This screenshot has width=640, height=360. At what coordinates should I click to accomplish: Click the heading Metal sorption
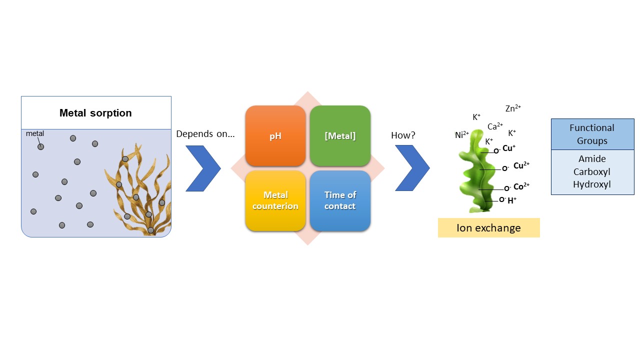[x=95, y=113]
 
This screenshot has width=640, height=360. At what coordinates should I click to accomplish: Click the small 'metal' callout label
[x=35, y=133]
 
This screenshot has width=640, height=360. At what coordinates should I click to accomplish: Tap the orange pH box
[x=275, y=136]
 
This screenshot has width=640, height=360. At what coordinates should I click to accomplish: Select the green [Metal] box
[x=340, y=136]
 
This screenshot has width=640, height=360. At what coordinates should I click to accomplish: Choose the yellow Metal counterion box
[x=275, y=200]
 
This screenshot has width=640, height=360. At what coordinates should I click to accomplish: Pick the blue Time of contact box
[x=340, y=200]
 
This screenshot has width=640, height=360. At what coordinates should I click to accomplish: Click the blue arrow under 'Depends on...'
[x=202, y=168]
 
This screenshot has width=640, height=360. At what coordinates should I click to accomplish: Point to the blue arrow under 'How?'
[x=412, y=168]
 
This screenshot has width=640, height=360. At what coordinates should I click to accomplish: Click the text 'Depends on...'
[x=205, y=134]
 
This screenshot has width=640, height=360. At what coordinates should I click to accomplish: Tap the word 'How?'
[x=403, y=135]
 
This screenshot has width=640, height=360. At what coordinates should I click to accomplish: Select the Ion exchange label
[x=488, y=228]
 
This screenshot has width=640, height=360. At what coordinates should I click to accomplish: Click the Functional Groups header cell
[x=592, y=134]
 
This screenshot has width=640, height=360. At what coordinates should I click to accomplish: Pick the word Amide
[x=592, y=159]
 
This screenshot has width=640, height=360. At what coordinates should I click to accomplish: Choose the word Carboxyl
[x=592, y=171]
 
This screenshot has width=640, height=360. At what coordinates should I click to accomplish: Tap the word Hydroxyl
[x=592, y=184]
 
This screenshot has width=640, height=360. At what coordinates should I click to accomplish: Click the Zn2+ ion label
[x=513, y=108]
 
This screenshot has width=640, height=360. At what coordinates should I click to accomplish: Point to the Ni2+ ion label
[x=462, y=135]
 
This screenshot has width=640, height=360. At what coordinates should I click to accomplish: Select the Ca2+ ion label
[x=495, y=126]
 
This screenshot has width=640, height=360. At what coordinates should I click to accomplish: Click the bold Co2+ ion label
[x=521, y=186]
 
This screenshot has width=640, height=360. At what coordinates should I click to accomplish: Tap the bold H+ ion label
[x=512, y=200]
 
